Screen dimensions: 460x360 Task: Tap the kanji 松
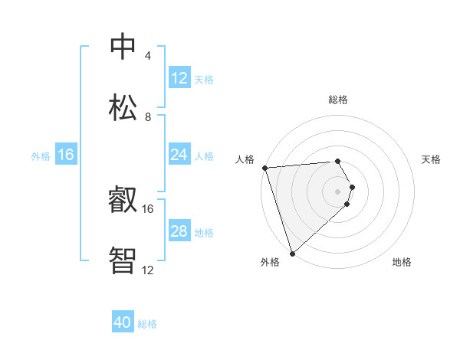123,107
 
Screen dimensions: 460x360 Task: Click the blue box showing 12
179,78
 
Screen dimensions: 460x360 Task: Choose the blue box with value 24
179,155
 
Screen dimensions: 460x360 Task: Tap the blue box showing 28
179,231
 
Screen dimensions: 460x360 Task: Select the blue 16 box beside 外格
66,155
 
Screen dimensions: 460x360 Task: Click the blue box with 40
123,323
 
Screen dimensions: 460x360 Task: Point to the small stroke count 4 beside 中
147,56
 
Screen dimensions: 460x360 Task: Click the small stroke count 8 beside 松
147,117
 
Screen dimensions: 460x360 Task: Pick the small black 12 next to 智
148,270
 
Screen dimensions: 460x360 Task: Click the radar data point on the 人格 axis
264,168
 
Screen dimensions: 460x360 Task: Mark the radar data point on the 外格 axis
292,253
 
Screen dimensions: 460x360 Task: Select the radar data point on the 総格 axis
337,162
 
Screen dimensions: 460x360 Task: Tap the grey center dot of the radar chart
338,191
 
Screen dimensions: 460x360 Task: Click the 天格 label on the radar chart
431,159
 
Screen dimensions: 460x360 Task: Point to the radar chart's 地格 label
402,263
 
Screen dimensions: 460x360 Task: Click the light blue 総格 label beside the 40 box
147,324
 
